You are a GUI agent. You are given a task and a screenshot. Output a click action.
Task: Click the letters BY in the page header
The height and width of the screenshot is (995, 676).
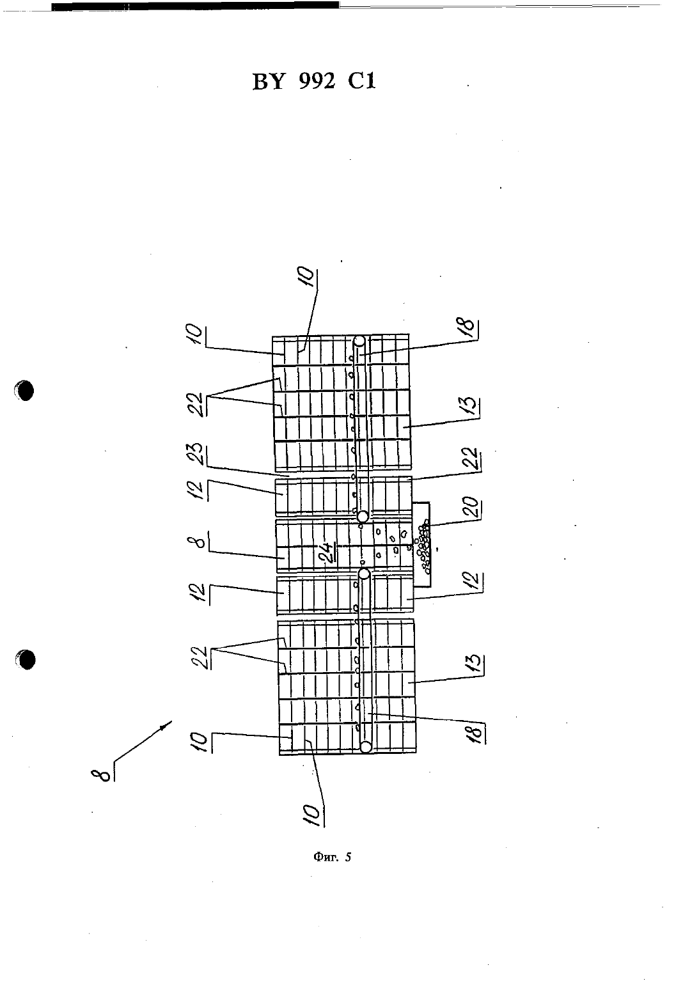click(x=268, y=82)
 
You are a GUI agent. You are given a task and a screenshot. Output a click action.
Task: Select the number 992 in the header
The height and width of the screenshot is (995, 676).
click(x=317, y=81)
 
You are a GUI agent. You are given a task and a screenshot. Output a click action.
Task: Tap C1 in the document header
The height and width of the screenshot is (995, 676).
click(x=361, y=81)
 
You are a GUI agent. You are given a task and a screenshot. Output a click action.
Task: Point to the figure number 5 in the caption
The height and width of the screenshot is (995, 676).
click(x=348, y=856)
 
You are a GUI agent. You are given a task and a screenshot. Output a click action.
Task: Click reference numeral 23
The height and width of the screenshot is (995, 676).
click(x=199, y=454)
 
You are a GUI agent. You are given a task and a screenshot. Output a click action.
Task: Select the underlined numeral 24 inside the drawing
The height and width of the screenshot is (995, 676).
click(x=329, y=554)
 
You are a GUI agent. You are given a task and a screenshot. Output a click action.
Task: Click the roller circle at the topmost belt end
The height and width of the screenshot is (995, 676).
click(x=359, y=342)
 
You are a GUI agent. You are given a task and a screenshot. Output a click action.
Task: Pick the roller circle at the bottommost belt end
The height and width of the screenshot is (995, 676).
click(x=366, y=747)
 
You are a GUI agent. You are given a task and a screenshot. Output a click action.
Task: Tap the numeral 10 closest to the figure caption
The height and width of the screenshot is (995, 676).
click(x=313, y=815)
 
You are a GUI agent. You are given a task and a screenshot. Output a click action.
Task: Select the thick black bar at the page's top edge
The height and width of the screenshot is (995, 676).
click(x=196, y=6)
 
